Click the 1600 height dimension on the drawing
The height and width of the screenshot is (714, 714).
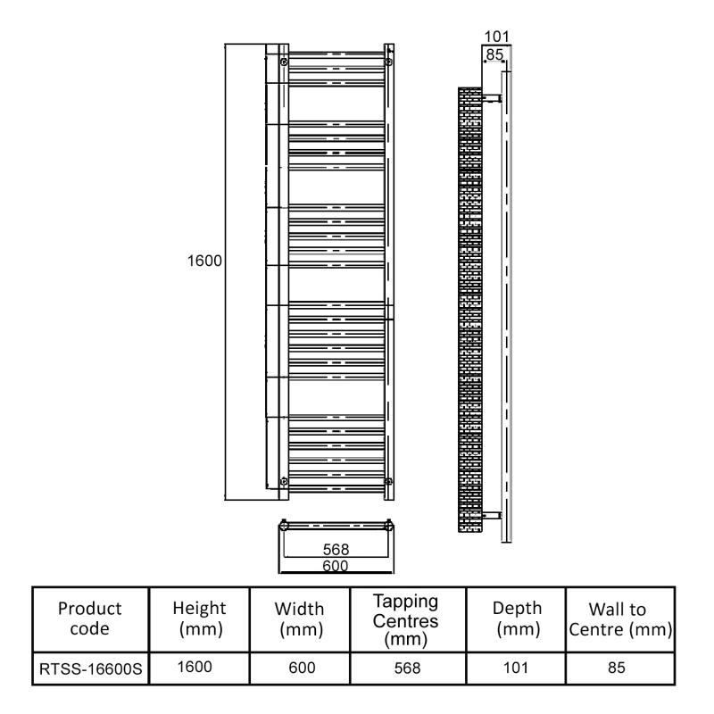[x=203, y=264]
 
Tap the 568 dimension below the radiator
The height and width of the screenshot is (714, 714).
[x=336, y=550]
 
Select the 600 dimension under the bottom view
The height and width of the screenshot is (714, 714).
[x=336, y=565]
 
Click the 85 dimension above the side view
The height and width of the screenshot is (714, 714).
[x=493, y=54]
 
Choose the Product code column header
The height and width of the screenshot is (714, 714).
[x=89, y=617]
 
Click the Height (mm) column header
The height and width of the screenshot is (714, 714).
[x=199, y=617]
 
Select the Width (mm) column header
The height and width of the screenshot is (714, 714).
[x=299, y=617]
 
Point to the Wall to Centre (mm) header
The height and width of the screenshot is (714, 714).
[x=619, y=617]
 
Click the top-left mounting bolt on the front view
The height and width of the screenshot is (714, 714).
[x=284, y=62]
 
